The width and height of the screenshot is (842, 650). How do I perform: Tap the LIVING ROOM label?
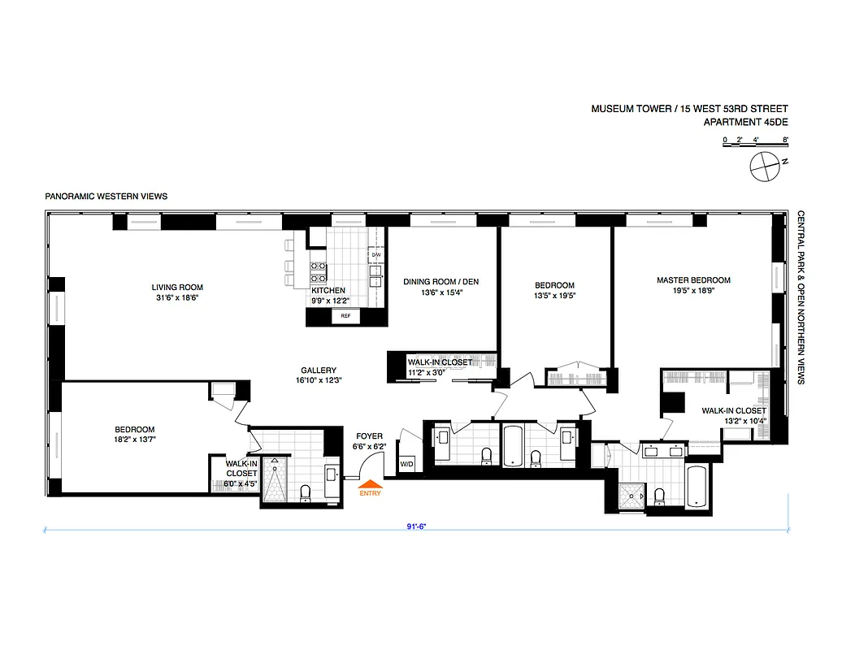point(177,287)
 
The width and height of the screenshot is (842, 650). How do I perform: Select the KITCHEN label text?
point(328,290)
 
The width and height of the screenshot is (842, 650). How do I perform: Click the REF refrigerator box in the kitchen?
point(345,316)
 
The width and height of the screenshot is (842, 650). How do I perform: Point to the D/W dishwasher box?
point(375,255)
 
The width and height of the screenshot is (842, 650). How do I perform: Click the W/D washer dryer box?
point(406,464)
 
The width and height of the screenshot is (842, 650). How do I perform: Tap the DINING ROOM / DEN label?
point(441,282)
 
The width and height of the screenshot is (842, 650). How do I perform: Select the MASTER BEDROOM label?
point(693,280)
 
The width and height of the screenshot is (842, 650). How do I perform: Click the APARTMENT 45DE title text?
point(745,123)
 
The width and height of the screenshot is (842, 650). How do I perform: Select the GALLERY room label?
point(318,370)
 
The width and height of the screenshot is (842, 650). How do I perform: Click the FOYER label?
point(368,436)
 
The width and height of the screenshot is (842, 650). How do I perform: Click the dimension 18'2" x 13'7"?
point(134,440)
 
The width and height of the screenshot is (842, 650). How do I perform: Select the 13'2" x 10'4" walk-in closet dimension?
point(735,421)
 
